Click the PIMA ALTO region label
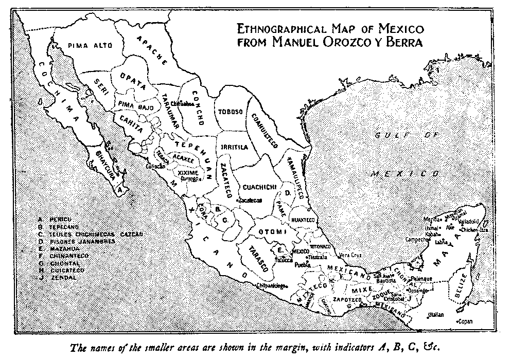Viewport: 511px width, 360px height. click(x=85, y=46)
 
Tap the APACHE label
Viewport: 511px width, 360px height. click(x=152, y=50)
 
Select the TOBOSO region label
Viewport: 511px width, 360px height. click(x=230, y=112)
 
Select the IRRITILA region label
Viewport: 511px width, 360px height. click(x=235, y=148)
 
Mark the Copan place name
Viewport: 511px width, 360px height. click(x=466, y=321)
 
